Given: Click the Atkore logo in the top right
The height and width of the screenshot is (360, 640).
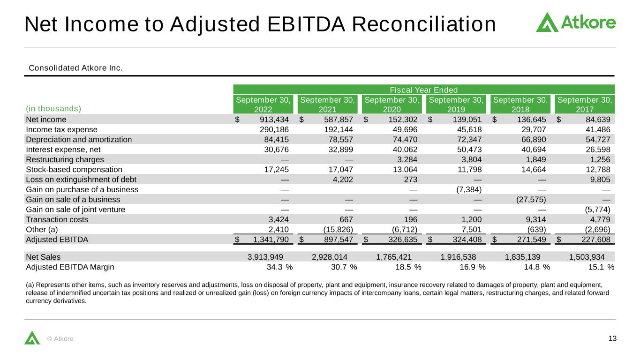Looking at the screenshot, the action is pyautogui.click(x=576, y=22).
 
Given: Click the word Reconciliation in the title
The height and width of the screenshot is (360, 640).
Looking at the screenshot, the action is pyautogui.click(x=424, y=24).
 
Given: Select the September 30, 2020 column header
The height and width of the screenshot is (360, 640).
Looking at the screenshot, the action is pyautogui.click(x=392, y=104).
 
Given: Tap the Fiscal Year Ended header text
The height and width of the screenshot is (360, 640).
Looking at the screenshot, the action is pyautogui.click(x=424, y=90).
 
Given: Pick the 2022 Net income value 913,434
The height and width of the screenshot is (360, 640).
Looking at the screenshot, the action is pyautogui.click(x=274, y=120).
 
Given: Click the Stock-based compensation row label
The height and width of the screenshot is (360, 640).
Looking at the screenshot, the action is pyautogui.click(x=74, y=169).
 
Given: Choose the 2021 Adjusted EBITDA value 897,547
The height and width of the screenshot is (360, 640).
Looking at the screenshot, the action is pyautogui.click(x=339, y=240).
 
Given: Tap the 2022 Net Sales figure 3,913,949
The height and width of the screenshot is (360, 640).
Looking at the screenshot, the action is pyautogui.click(x=265, y=257).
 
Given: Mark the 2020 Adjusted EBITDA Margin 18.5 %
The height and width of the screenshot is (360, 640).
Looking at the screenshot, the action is pyautogui.click(x=408, y=267).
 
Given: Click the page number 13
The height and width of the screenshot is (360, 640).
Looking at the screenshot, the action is pyautogui.click(x=612, y=338).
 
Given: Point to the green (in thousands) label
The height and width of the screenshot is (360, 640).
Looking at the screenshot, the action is pyautogui.click(x=53, y=109).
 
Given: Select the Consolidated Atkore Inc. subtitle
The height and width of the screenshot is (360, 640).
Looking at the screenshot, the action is pyautogui.click(x=75, y=68).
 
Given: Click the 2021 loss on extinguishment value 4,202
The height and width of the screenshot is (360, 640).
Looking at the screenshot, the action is pyautogui.click(x=343, y=180).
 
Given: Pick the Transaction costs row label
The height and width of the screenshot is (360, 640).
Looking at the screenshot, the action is pyautogui.click(x=57, y=219).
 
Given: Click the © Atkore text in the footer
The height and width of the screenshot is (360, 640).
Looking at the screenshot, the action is pyautogui.click(x=60, y=339).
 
